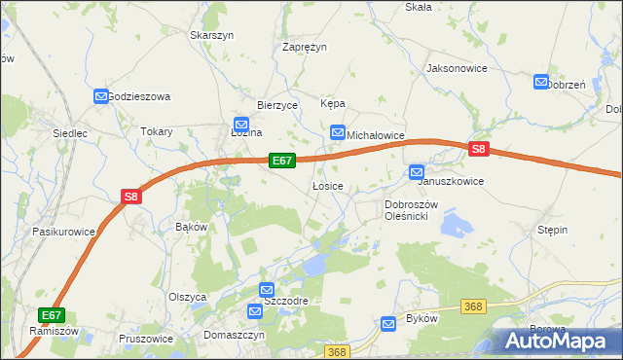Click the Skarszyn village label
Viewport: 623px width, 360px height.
212,35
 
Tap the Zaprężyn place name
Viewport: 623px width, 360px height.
304,47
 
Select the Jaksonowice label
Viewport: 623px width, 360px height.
457,69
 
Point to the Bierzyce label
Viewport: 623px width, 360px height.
276,105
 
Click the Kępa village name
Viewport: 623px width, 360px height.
333,104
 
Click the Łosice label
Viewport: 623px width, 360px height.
326,186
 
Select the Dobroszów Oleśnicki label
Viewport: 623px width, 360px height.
413,210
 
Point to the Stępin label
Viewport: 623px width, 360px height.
552,230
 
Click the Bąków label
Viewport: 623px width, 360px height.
191,227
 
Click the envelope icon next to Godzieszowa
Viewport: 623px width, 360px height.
101,96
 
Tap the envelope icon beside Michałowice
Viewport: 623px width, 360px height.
338,132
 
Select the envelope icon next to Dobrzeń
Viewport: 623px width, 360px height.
541,83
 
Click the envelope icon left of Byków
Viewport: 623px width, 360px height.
389,322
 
